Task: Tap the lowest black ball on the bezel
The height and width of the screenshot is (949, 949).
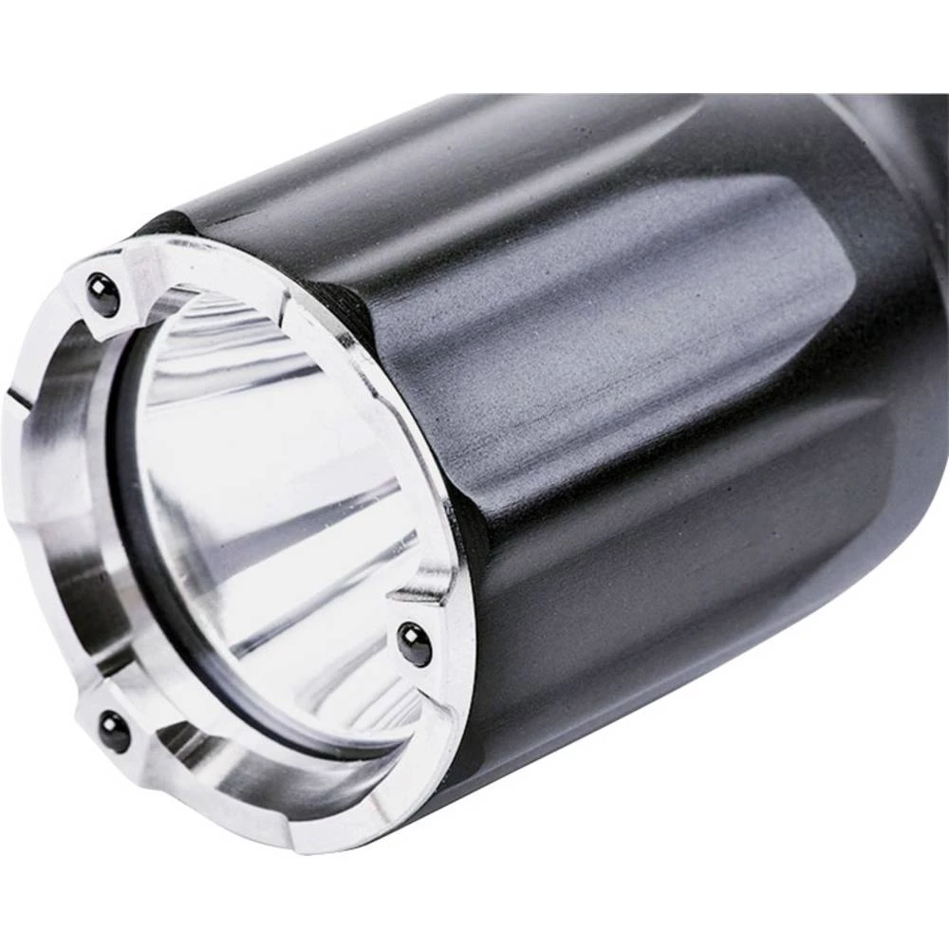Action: click(x=115, y=732)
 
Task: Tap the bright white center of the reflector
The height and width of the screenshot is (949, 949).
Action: click(x=256, y=493)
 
